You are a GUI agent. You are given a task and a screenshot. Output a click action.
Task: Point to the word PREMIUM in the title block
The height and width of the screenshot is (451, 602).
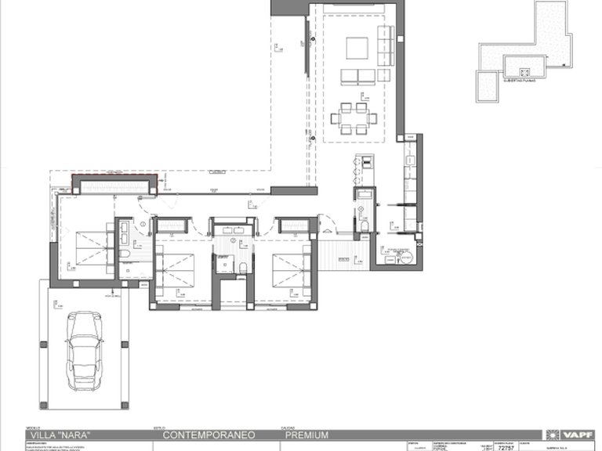click(306, 435)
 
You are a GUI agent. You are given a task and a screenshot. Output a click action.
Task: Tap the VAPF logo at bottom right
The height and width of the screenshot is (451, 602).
click(571, 435)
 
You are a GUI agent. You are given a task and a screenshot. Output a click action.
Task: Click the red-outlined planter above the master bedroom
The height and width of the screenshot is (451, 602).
click(114, 185)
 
